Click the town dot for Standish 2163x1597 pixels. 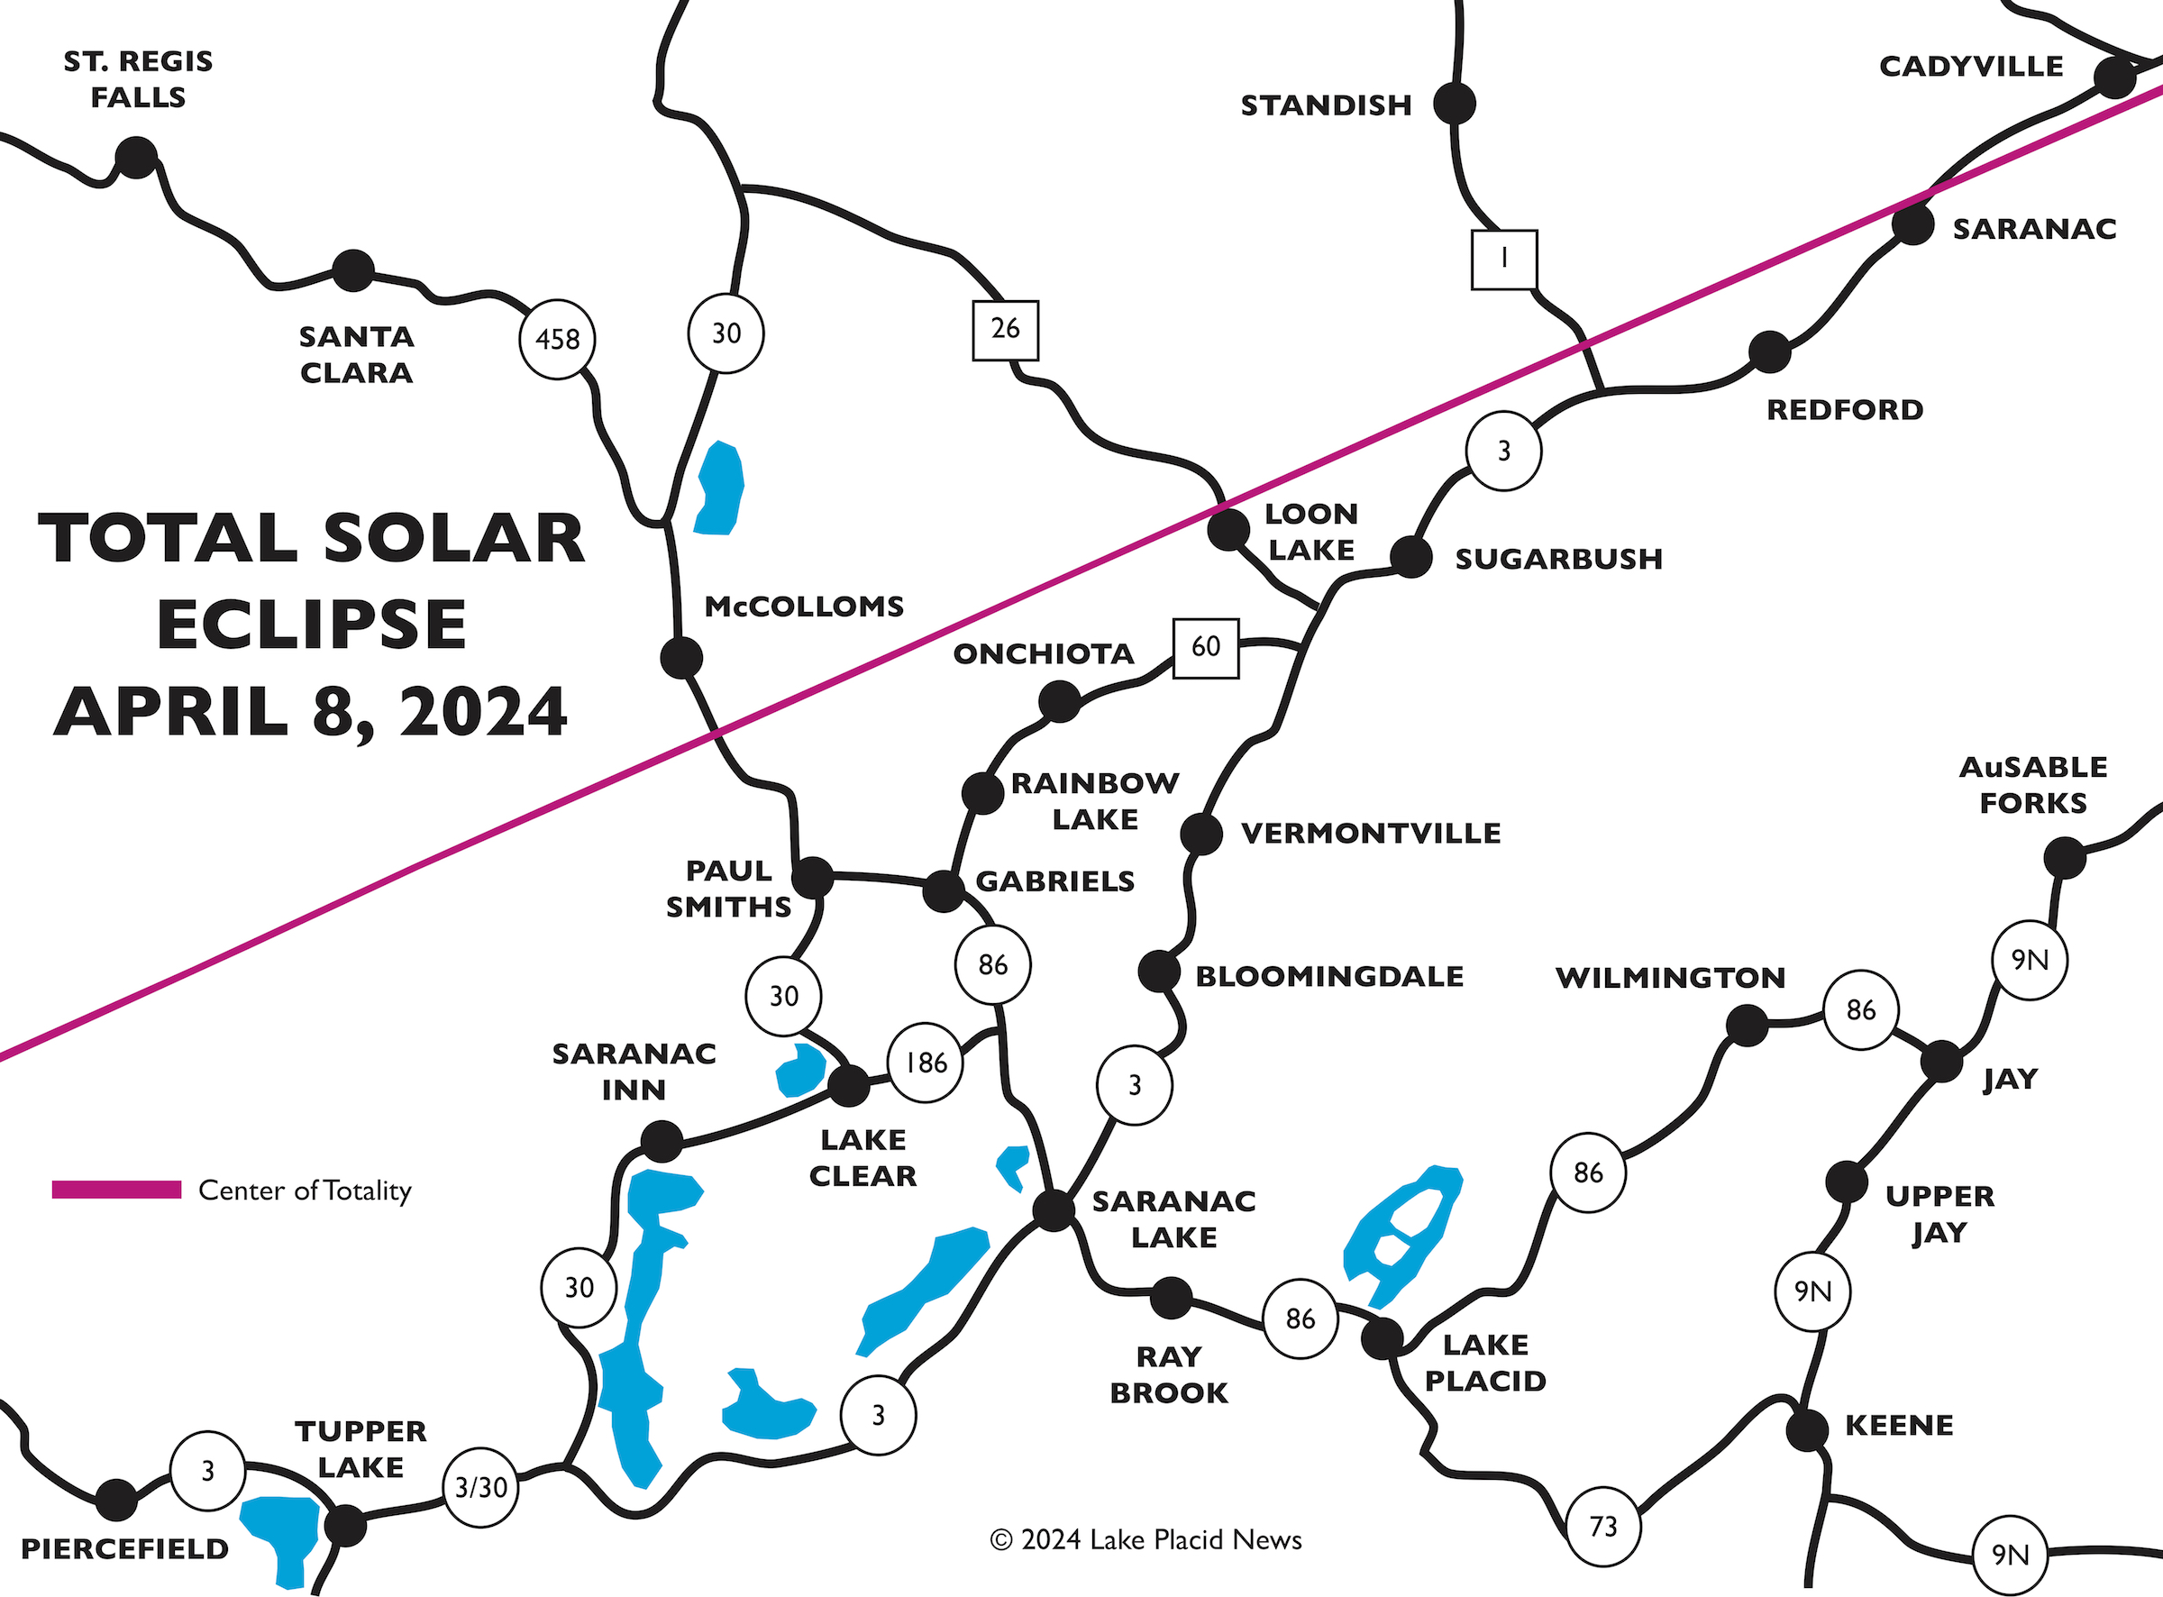click(1454, 103)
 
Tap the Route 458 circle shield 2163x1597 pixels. click(557, 339)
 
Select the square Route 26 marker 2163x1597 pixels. click(1005, 330)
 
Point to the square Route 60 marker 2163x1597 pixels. click(1205, 647)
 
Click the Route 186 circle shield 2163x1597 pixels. click(925, 1063)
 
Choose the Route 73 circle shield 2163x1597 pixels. click(1603, 1527)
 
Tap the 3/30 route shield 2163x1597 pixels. click(480, 1488)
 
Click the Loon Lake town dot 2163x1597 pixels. click(1228, 530)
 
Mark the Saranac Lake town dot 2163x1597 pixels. click(1054, 1210)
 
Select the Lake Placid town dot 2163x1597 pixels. click(1383, 1339)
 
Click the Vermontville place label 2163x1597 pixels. click(1371, 834)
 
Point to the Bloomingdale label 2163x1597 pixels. click(1329, 976)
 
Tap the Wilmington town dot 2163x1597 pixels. click(1747, 1026)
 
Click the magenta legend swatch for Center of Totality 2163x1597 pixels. click(116, 1190)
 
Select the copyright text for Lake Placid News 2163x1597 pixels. click(1145, 1540)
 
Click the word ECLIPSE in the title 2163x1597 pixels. click(311, 625)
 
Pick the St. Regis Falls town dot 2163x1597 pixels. click(136, 158)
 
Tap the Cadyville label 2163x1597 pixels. click(1971, 67)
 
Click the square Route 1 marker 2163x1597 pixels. click(1504, 259)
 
